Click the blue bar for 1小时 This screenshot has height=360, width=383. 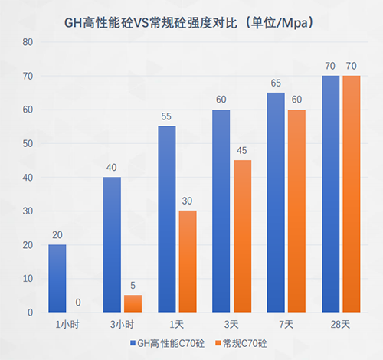(x=57, y=279)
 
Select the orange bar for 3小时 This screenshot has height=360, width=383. (x=133, y=304)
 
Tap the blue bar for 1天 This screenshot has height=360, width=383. (x=166, y=219)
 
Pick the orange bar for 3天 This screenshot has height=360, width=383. (x=242, y=236)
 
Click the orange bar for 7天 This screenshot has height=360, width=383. (x=296, y=211)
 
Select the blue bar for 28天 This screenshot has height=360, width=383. (x=330, y=194)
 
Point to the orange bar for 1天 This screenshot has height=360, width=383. (x=188, y=261)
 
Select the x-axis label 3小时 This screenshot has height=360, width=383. (x=123, y=324)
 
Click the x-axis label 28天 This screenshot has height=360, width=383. (x=341, y=324)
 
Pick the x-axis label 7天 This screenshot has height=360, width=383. (x=286, y=324)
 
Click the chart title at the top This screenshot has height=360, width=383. (x=191, y=23)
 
